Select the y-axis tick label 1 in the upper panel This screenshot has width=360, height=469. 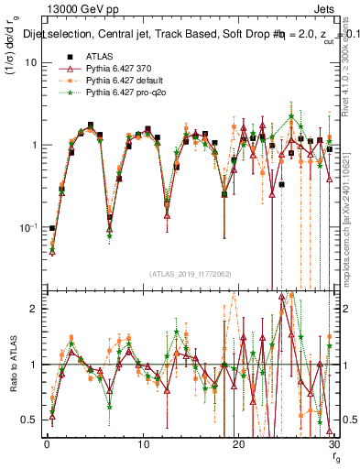tap(34, 146)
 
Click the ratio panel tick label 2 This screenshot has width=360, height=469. tap(34, 310)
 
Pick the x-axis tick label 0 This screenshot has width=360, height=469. tap(47, 444)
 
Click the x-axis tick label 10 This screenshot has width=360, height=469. tap(142, 444)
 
